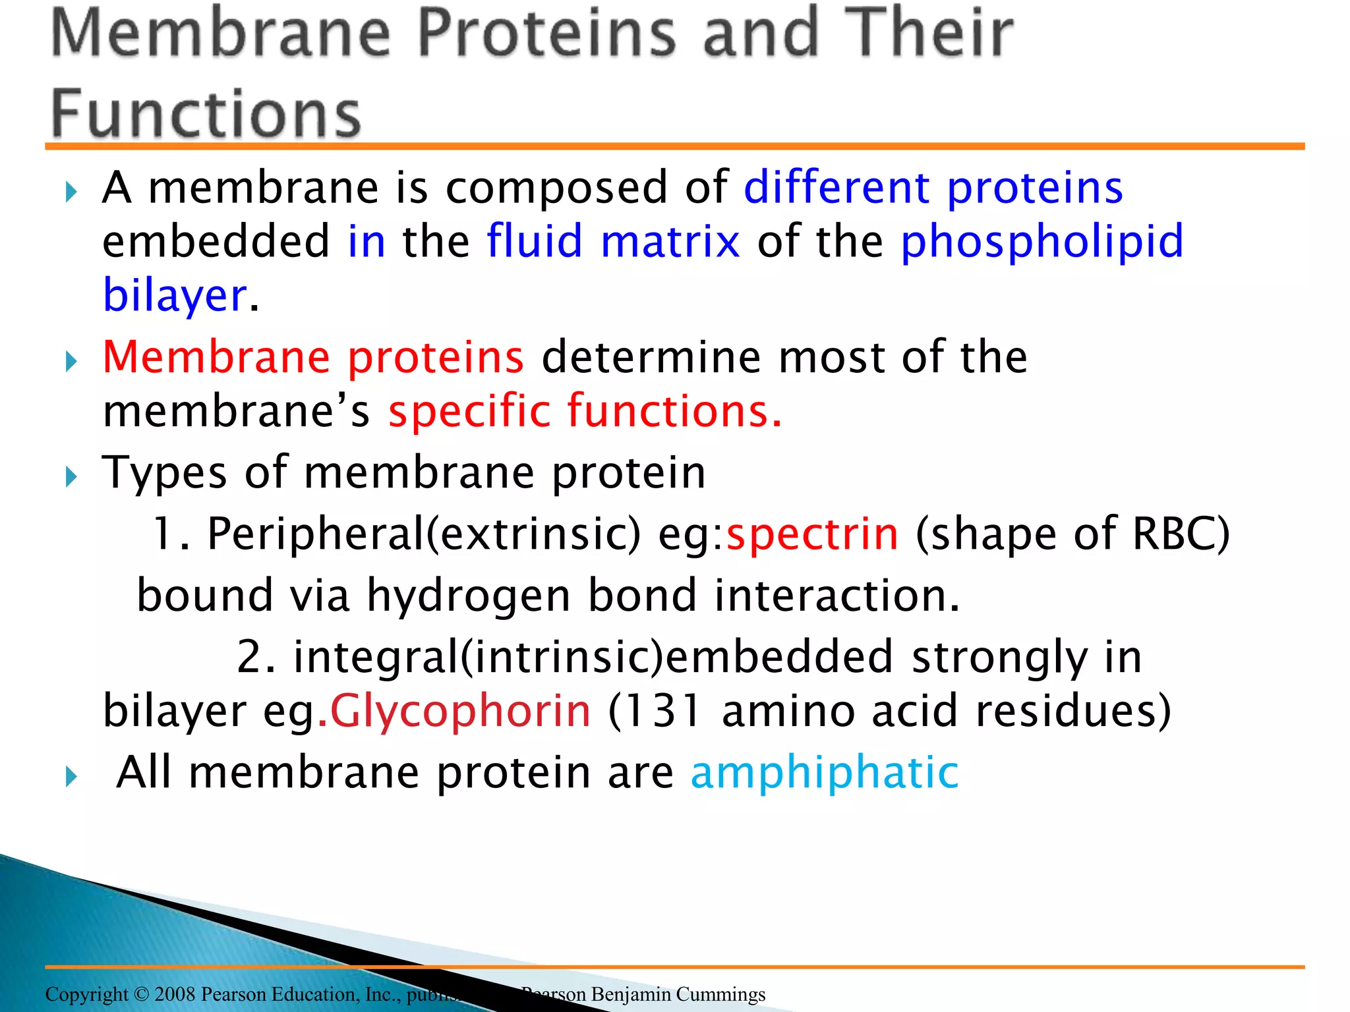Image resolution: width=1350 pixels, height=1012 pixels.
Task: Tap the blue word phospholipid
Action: tap(1042, 241)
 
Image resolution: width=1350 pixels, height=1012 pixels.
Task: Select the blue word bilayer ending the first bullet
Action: tap(175, 295)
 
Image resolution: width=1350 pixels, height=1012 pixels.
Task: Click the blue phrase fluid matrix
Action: tap(613, 241)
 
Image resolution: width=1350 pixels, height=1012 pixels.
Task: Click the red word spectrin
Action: tap(812, 534)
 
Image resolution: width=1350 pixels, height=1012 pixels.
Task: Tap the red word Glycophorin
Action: tap(460, 712)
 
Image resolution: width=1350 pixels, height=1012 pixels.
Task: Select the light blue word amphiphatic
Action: tap(824, 772)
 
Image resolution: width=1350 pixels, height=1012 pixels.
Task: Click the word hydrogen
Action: tap(468, 596)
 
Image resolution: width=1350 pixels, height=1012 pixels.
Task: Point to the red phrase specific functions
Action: tap(585, 411)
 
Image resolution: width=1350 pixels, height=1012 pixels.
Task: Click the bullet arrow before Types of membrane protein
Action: tap(71, 476)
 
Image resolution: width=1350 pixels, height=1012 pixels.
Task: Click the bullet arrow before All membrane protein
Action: tap(71, 777)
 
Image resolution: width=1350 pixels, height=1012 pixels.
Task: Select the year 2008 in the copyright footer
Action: tap(175, 994)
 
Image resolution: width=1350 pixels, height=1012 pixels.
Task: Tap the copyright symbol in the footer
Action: tap(141, 994)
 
